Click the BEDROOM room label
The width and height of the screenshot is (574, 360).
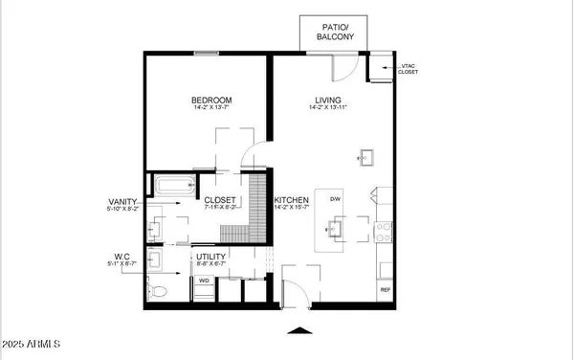click(x=210, y=101)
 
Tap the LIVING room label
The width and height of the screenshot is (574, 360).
click(x=329, y=101)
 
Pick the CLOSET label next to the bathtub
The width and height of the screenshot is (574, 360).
click(x=221, y=200)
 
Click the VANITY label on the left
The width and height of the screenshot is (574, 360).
click(x=125, y=201)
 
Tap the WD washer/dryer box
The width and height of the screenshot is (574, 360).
click(x=204, y=281)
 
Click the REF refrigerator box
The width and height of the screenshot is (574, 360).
click(x=386, y=289)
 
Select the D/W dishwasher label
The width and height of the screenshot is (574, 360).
click(x=335, y=199)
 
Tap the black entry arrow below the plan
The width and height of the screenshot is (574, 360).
click(x=299, y=331)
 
